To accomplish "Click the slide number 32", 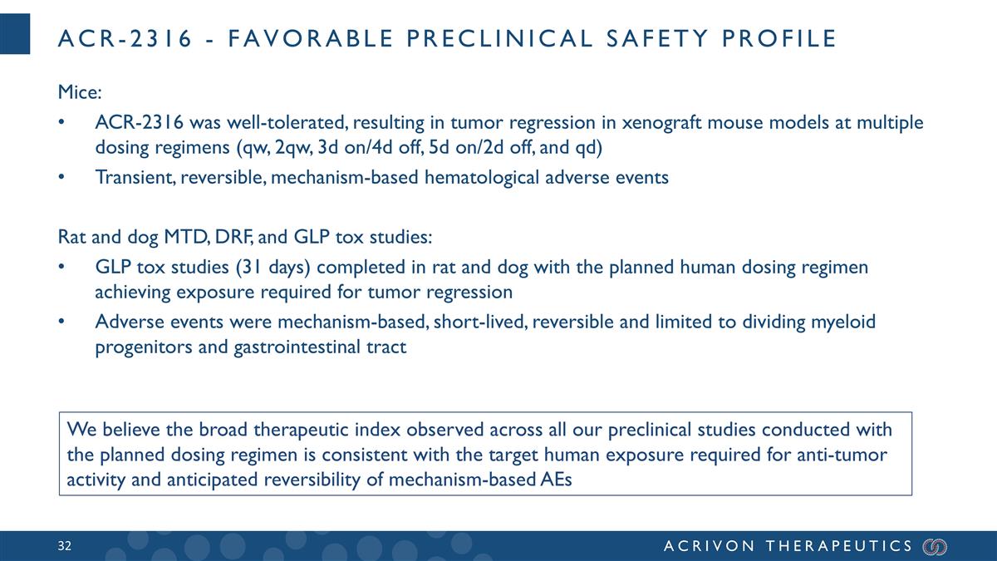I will [65, 546].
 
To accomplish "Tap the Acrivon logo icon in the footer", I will [935, 546].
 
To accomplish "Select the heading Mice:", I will [79, 90].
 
